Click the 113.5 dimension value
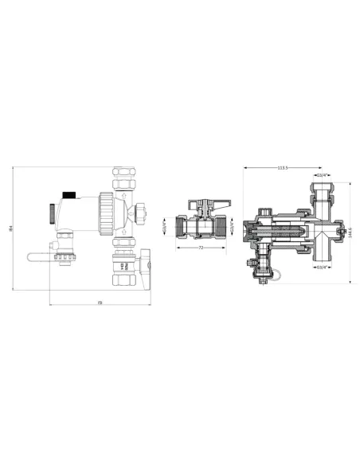coord(282,168)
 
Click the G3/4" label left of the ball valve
coord(166,226)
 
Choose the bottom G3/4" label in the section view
coord(322,267)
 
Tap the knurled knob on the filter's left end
coord(53,213)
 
